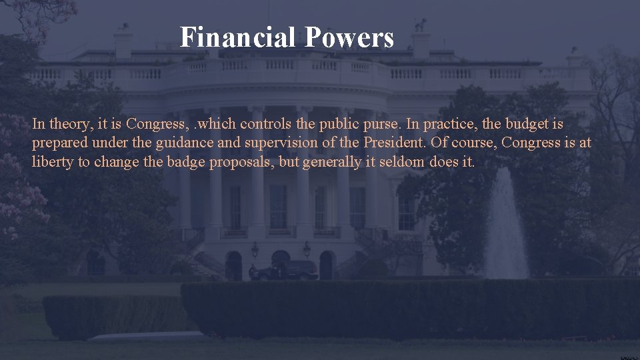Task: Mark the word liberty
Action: (x=53, y=162)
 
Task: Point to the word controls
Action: (x=265, y=124)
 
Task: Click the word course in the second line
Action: (x=473, y=143)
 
